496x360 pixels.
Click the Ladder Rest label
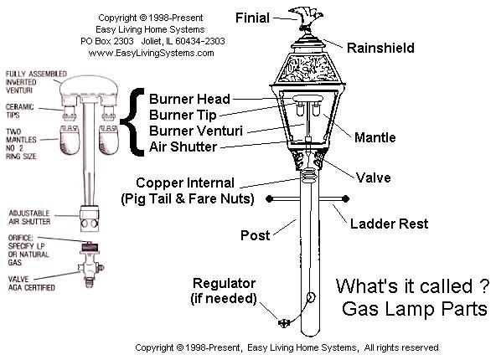(x=388, y=224)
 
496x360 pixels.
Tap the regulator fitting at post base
(x=282, y=321)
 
